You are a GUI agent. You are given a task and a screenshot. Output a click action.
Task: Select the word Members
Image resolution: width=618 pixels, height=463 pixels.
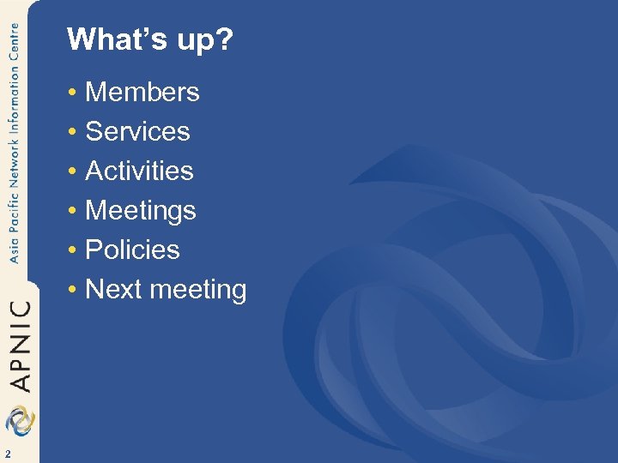pos(142,92)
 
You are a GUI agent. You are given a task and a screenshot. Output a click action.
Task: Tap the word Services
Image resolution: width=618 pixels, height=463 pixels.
pos(138,131)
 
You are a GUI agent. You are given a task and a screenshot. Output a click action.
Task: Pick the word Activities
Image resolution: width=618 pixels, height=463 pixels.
pos(140,171)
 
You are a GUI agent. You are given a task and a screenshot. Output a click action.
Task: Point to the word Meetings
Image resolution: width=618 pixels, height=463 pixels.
pos(141,211)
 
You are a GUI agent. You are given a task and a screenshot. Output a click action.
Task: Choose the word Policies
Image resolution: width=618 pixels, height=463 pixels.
pos(133,250)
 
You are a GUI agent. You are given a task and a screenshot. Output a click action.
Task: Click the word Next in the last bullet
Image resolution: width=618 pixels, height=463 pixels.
pos(113,289)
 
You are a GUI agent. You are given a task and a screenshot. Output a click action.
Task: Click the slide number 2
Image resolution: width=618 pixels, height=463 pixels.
pos(7,454)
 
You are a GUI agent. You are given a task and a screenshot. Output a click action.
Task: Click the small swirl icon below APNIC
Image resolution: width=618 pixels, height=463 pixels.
pos(20,420)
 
